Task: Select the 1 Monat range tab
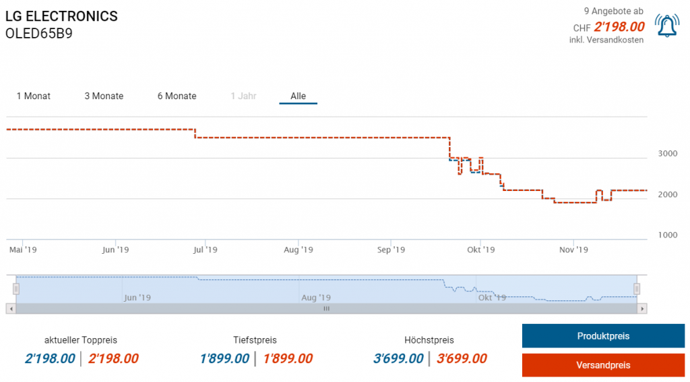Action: click(34, 96)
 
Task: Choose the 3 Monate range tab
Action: click(104, 96)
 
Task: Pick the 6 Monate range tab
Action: click(177, 96)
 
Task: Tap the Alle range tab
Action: click(299, 96)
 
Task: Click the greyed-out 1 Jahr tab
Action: click(243, 96)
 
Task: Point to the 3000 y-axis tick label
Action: click(668, 153)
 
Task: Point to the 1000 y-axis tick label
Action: click(668, 235)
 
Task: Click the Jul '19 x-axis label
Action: click(205, 250)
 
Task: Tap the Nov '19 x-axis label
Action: click(573, 250)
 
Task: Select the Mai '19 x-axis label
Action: click(22, 250)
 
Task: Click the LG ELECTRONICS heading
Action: click(61, 16)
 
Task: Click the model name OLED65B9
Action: click(38, 33)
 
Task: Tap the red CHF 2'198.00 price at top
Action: click(619, 28)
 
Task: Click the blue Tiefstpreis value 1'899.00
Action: click(224, 358)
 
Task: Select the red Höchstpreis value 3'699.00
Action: click(462, 358)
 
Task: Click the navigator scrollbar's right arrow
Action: click(643, 308)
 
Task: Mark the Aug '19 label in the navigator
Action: click(316, 297)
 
